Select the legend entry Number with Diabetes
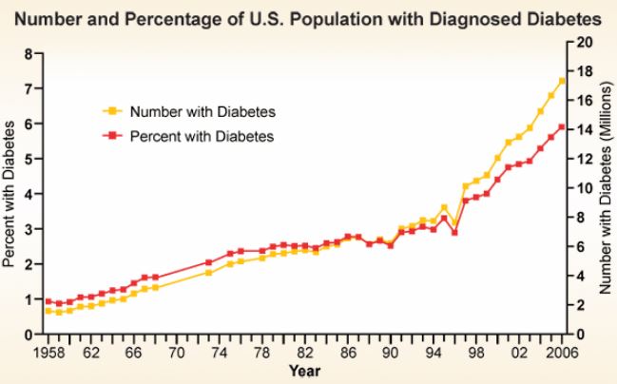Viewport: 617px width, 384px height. pyautogui.click(x=195, y=110)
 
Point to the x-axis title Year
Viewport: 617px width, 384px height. pyautogui.click(x=304, y=370)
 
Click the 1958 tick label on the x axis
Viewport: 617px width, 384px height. pyautogui.click(x=47, y=352)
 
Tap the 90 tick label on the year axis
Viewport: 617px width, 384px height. pyautogui.click(x=390, y=352)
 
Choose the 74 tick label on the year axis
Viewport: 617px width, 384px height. pyautogui.click(x=219, y=352)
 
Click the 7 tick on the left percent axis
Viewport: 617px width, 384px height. pyautogui.click(x=29, y=88)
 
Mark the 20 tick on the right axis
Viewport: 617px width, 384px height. pyautogui.click(x=586, y=43)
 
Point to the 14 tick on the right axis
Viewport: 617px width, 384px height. pyautogui.click(x=586, y=130)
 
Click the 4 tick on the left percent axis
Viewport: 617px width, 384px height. pyautogui.click(x=29, y=194)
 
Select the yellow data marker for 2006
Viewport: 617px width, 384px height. pyautogui.click(x=561, y=81)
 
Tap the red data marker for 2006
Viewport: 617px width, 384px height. pyautogui.click(x=561, y=127)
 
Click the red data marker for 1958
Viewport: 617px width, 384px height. pyautogui.click(x=48, y=301)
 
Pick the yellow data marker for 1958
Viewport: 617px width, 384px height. pyautogui.click(x=48, y=311)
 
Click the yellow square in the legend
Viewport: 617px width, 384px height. pyautogui.click(x=111, y=110)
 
